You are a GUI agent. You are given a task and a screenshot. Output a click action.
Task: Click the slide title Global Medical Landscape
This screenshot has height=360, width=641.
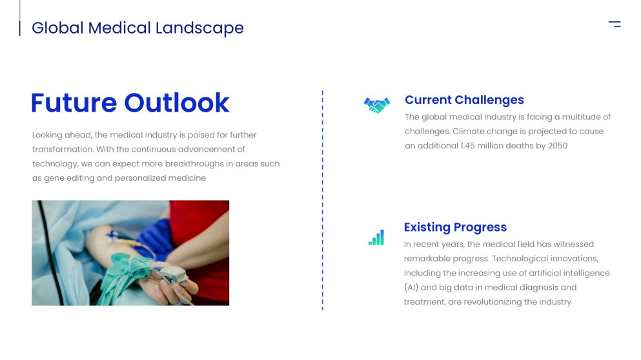click(x=137, y=28)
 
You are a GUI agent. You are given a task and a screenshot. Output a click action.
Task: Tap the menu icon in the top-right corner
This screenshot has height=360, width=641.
click(x=615, y=25)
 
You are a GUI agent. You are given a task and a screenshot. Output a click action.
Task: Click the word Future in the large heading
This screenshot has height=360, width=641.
click(x=74, y=103)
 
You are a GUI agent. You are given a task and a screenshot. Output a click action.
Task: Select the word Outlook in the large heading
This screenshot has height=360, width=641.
click(x=177, y=103)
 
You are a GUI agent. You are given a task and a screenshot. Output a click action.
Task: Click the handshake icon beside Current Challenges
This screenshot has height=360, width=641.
click(x=376, y=105)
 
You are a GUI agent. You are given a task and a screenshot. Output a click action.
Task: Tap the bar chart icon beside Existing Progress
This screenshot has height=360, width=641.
click(x=376, y=238)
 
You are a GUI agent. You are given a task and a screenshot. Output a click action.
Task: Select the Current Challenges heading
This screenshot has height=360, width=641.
click(x=464, y=100)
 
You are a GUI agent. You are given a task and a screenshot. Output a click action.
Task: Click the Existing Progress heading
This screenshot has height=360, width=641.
click(x=455, y=227)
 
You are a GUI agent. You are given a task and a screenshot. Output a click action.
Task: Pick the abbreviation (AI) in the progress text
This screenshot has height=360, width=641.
click(x=411, y=288)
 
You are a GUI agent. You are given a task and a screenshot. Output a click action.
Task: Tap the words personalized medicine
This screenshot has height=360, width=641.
click(x=160, y=178)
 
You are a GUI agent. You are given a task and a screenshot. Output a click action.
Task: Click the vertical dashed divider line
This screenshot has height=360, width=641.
click(x=322, y=200)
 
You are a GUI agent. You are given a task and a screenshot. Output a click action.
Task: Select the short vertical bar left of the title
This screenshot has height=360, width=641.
click(x=19, y=28)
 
